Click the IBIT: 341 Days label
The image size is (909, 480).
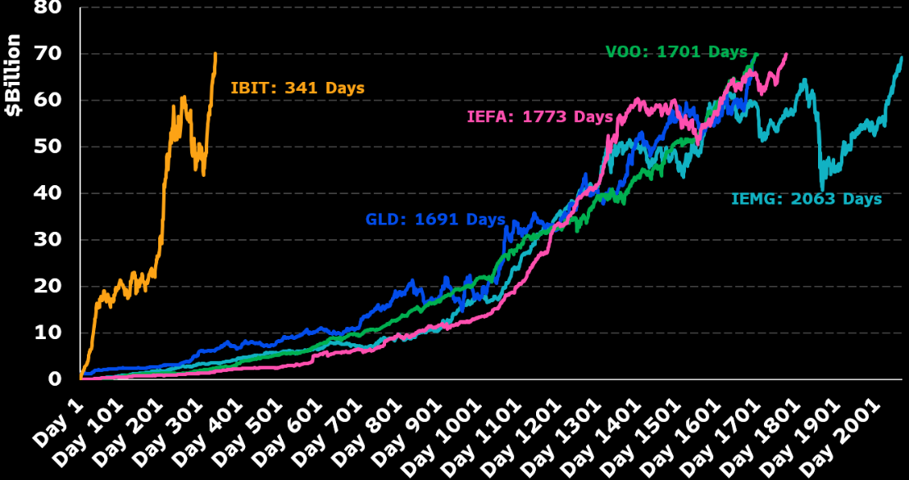(298, 88)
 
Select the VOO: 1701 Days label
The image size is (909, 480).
(676, 52)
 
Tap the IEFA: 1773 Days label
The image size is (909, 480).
(539, 117)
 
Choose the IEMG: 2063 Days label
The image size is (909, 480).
(807, 199)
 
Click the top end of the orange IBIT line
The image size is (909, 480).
(216, 54)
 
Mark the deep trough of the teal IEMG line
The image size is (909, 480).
(822, 189)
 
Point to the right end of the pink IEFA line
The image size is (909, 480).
(786, 54)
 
